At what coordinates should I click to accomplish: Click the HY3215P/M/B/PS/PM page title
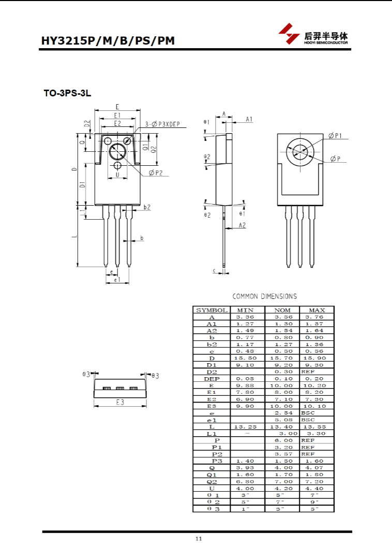click(108, 40)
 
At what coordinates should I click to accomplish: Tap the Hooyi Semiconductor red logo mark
click(289, 34)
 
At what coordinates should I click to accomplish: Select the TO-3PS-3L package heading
click(68, 93)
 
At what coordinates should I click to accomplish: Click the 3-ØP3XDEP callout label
click(162, 124)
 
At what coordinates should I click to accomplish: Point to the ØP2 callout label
click(156, 173)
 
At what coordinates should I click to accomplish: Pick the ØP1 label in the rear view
click(335, 135)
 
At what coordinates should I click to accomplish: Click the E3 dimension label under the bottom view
click(120, 402)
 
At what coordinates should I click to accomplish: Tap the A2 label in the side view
click(242, 225)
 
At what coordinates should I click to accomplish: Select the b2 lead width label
click(147, 207)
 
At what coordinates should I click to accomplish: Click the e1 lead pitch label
click(117, 280)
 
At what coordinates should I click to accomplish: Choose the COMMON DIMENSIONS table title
click(265, 296)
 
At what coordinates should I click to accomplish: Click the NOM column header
click(282, 310)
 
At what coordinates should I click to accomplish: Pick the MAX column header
click(316, 310)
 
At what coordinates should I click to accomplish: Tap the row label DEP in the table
click(212, 379)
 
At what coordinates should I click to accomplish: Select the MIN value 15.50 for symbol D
click(245, 358)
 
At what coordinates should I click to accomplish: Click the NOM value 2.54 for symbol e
click(283, 413)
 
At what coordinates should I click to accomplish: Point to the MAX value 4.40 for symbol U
click(314, 489)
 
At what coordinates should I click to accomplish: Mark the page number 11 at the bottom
click(199, 539)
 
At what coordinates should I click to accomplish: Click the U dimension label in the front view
click(117, 175)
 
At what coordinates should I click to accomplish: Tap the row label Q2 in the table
click(212, 482)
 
